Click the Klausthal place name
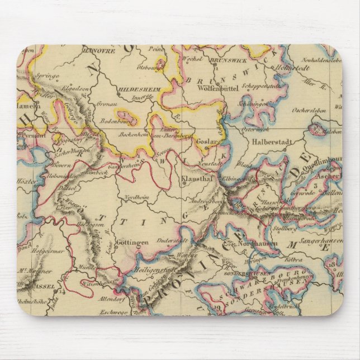point(195,181)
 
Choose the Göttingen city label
point(132,242)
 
